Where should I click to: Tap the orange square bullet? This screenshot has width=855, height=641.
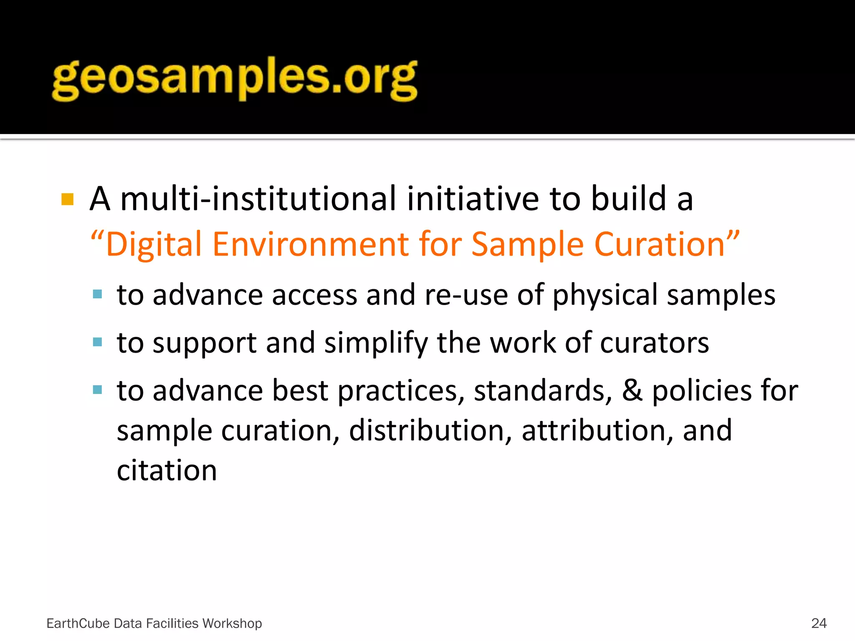tap(67, 199)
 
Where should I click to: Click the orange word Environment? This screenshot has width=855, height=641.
tap(311, 244)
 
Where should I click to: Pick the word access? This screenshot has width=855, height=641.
tap(315, 295)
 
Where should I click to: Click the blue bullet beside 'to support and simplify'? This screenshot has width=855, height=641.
tap(98, 342)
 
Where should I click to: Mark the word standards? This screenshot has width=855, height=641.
tap(543, 391)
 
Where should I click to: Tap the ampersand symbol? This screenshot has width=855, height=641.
tap(632, 391)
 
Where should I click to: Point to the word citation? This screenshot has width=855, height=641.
tap(167, 470)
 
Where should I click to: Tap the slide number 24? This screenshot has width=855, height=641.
tap(819, 623)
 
